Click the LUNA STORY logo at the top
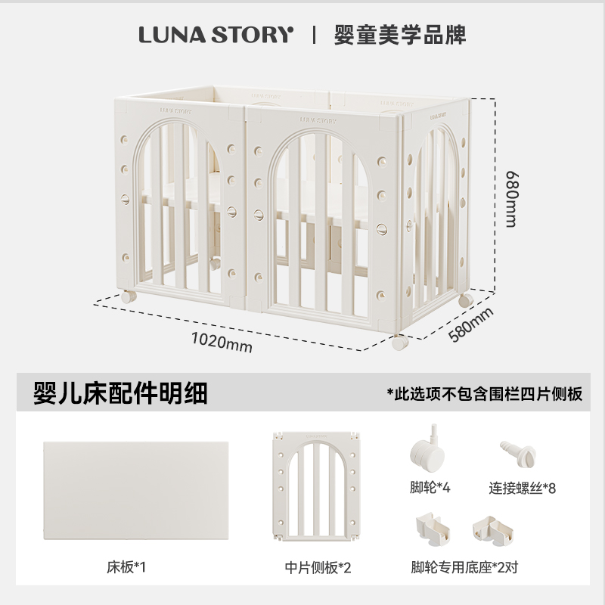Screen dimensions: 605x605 click(x=215, y=35)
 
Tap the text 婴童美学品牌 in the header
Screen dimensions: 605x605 click(x=400, y=35)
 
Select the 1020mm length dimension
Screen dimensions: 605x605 click(x=221, y=341)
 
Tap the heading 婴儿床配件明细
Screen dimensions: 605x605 click(x=120, y=393)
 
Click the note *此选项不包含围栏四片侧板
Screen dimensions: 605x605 click(x=485, y=394)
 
